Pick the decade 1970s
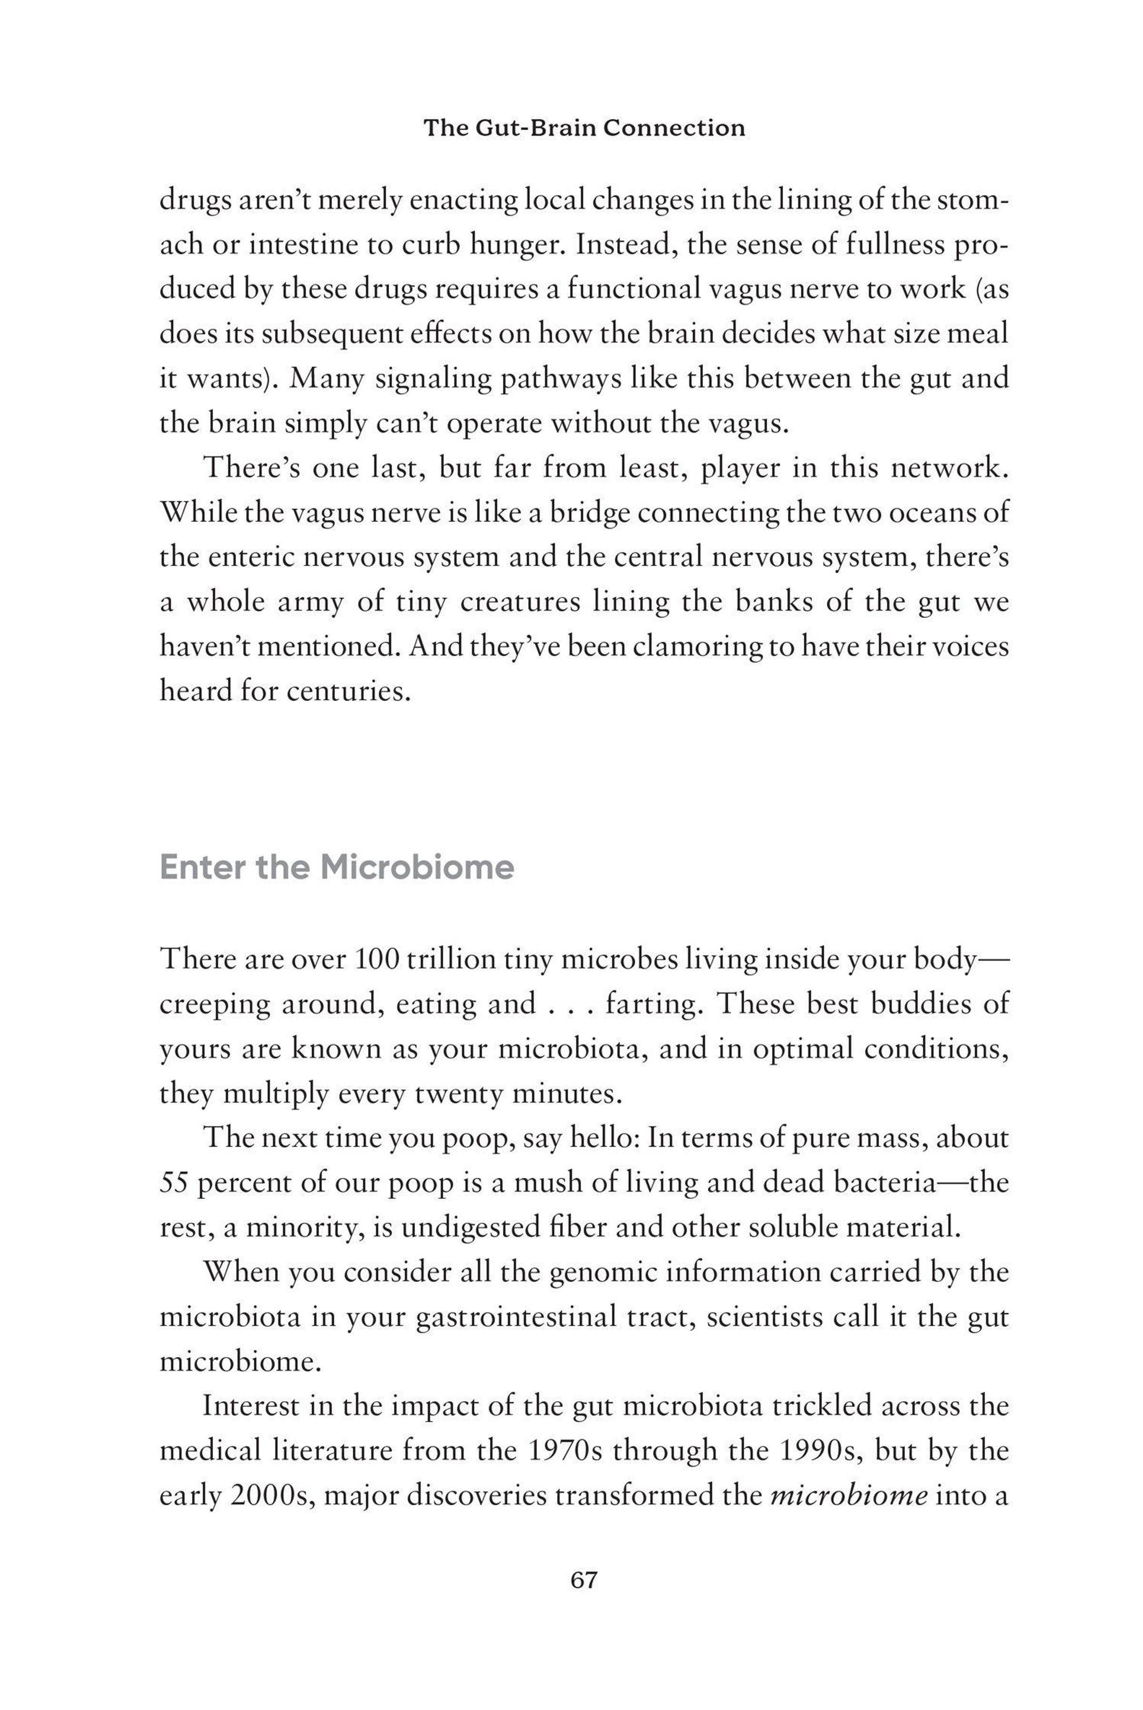point(563,1451)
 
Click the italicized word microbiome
point(849,1496)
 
